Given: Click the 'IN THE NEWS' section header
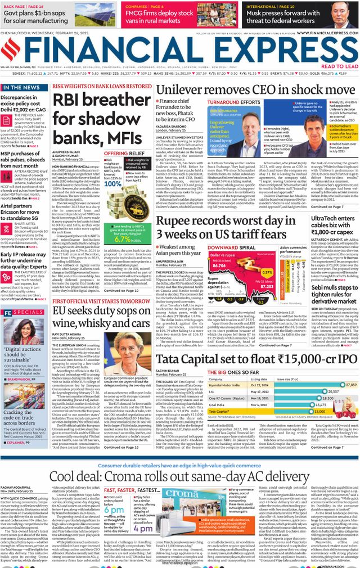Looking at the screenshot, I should pos(21,88).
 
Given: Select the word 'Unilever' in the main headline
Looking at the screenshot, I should pos(191,91).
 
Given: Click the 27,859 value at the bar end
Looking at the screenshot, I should pos(352,384).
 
